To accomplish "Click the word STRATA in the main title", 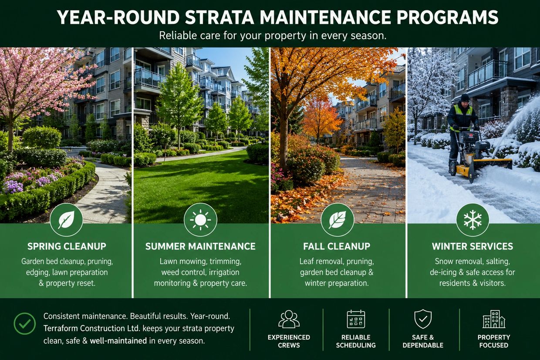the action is [x=219, y=17].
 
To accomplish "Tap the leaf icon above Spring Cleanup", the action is [x=66, y=220].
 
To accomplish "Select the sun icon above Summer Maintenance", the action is [x=200, y=220].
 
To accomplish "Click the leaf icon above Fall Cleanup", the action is [x=337, y=220].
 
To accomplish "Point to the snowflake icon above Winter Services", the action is [x=472, y=220].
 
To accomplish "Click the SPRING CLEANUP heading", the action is [x=67, y=246].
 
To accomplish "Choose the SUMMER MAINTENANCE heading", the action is [x=200, y=246].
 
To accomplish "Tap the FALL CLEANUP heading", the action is [x=337, y=246].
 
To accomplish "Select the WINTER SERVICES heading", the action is [x=472, y=246].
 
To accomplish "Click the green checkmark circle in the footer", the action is [x=24, y=323].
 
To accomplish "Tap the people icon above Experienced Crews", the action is [x=289, y=319].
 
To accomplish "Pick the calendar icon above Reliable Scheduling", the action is [x=356, y=319].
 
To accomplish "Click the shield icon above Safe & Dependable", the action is [x=423, y=319].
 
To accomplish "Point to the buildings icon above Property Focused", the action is [x=494, y=319].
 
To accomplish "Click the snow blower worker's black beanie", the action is [x=465, y=98].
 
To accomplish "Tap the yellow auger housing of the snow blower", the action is [x=491, y=166].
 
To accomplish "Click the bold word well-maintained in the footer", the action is [x=118, y=341].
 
